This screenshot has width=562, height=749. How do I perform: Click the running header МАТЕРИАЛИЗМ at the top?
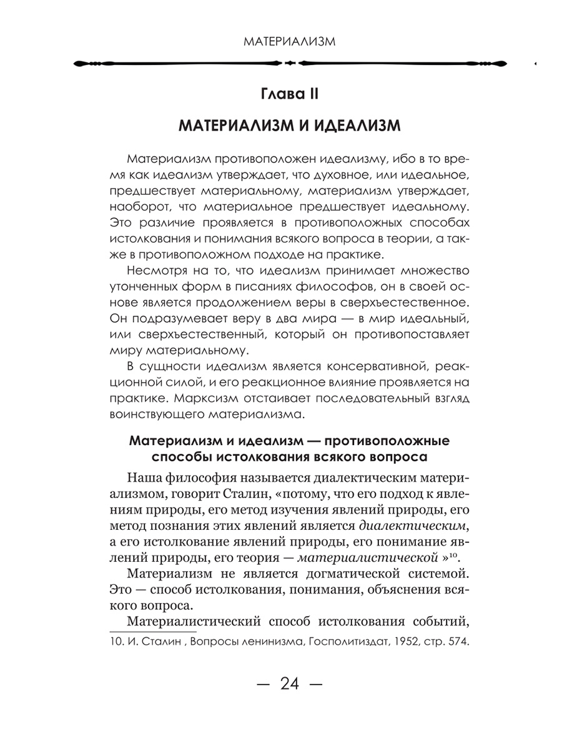pyautogui.click(x=288, y=41)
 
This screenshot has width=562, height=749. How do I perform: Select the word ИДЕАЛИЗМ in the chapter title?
pyautogui.click(x=350, y=127)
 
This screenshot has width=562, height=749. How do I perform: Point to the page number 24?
pyautogui.click(x=290, y=683)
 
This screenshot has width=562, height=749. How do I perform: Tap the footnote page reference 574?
pyautogui.click(x=457, y=643)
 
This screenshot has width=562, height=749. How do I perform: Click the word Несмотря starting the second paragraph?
pyautogui.click(x=151, y=270)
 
